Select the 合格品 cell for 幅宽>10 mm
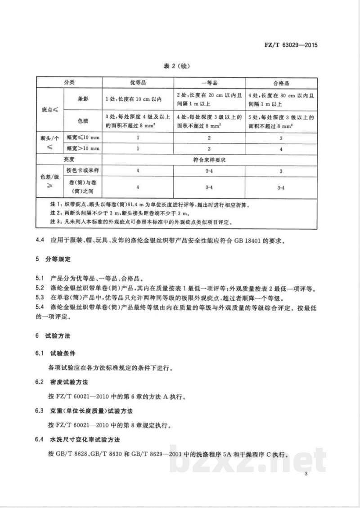click(281, 148)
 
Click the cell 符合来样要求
click(209, 160)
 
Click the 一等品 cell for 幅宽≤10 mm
click(209, 137)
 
